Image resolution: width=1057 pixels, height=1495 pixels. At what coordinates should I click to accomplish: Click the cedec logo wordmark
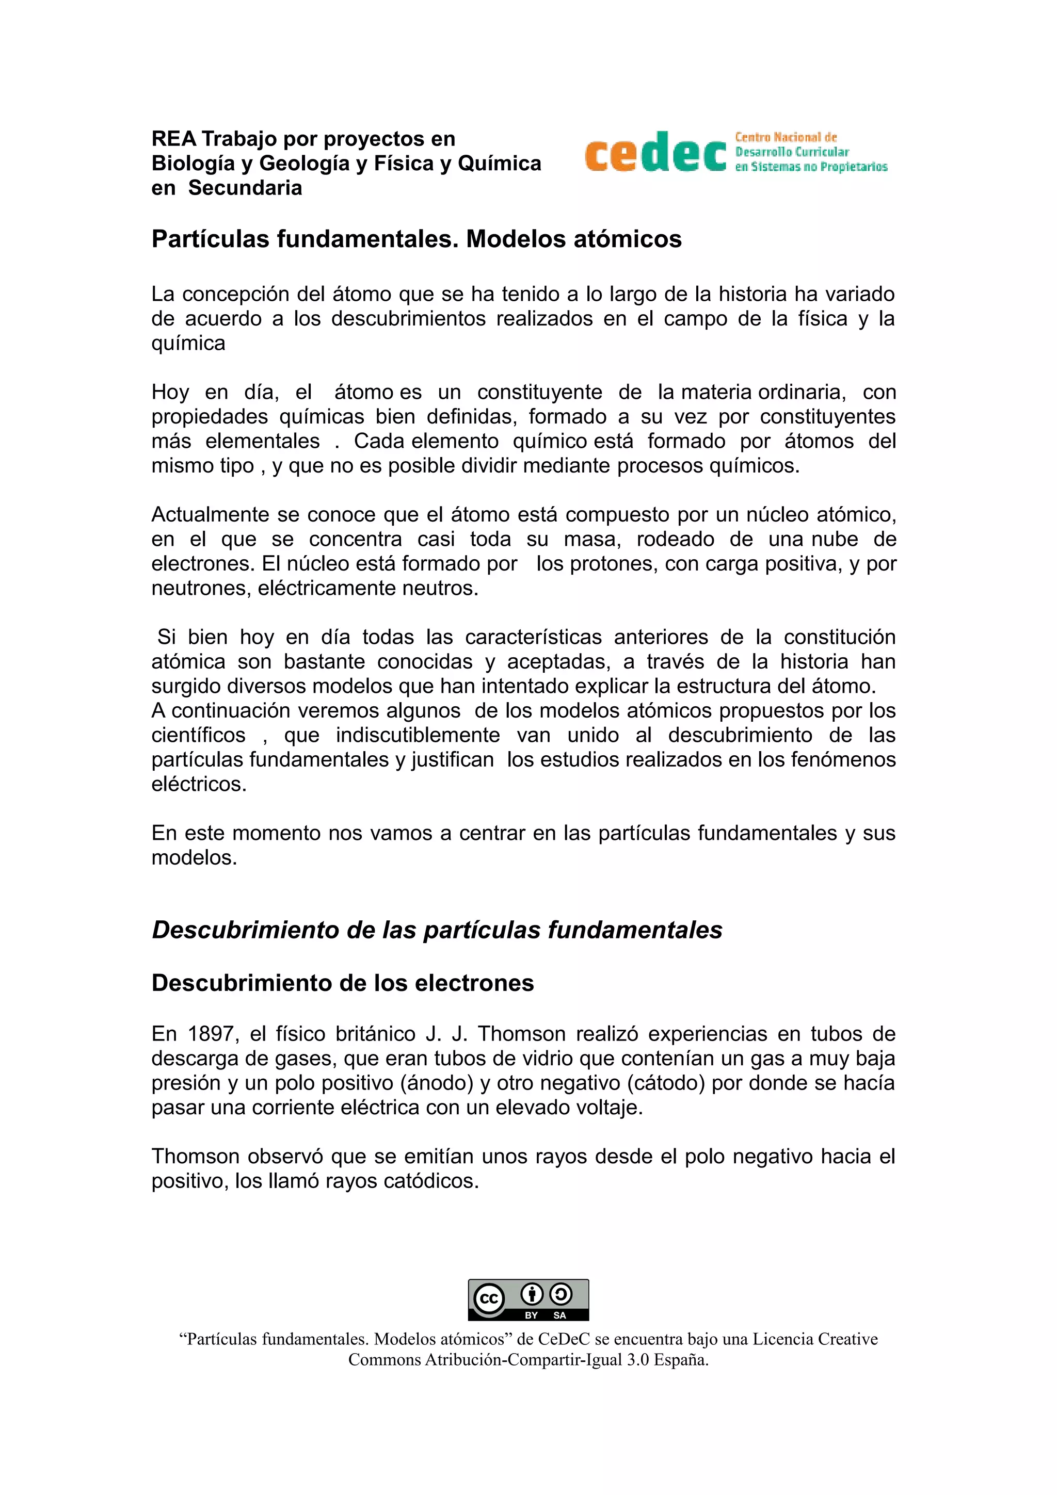point(655,152)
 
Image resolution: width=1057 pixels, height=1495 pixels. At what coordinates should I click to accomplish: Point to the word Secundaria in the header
point(245,188)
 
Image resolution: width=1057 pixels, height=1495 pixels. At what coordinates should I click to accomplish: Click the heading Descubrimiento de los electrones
point(343,983)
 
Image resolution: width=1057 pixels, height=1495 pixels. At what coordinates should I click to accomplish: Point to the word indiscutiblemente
point(418,735)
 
